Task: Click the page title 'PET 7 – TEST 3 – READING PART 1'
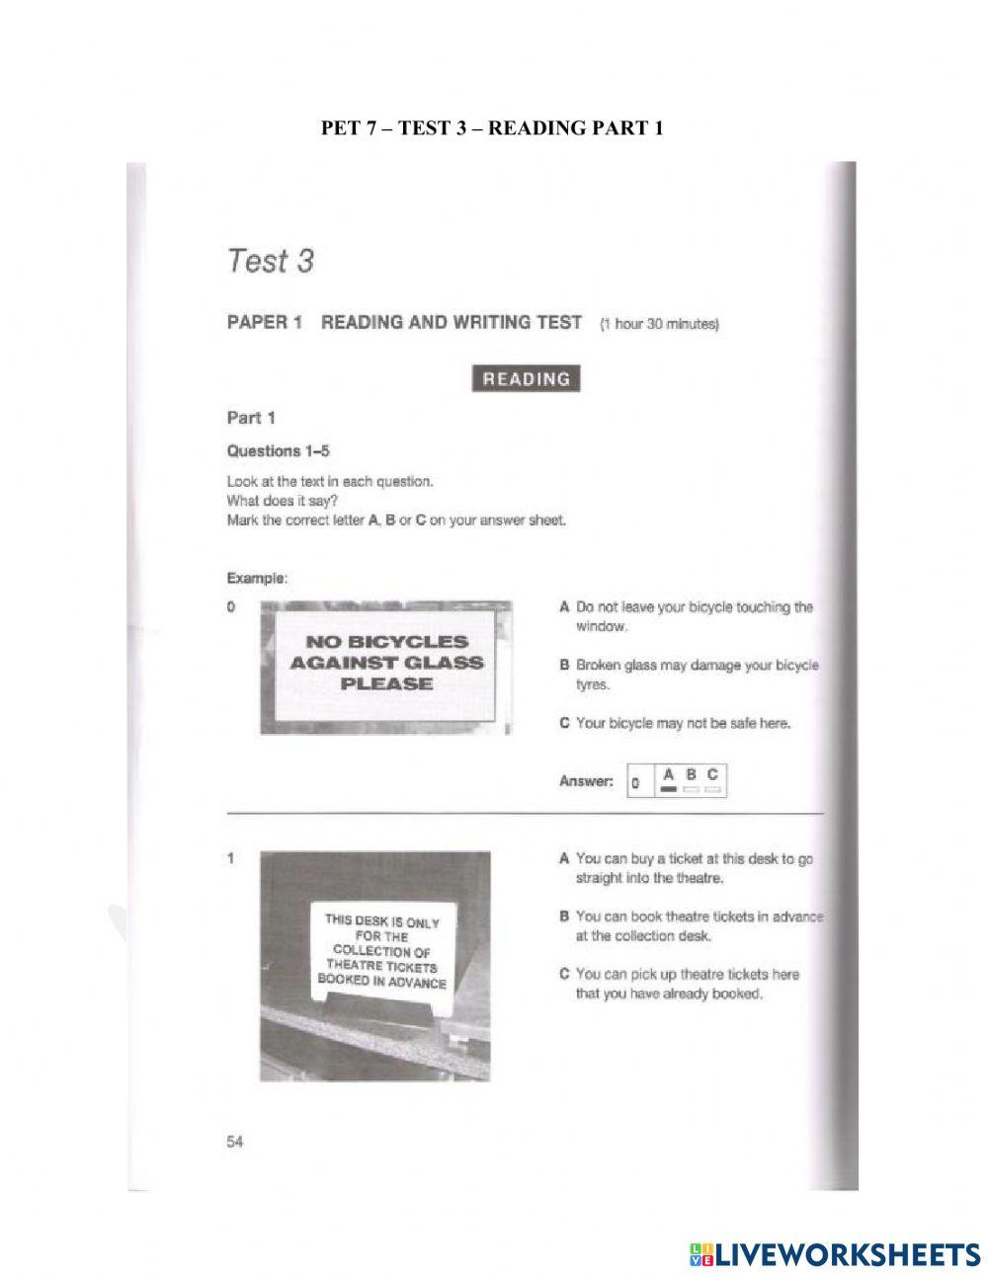tap(492, 128)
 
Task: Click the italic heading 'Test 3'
tap(270, 262)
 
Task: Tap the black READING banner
tap(526, 378)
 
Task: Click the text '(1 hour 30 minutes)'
tap(659, 326)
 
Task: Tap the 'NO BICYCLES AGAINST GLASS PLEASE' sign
tap(386, 664)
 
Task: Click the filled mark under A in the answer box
tap(668, 790)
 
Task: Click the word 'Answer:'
tap(586, 781)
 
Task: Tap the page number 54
tap(235, 1143)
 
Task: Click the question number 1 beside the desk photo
tap(231, 859)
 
